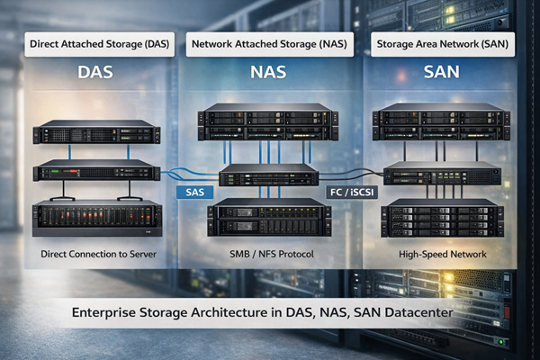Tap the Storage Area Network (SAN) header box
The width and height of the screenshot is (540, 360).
tap(442, 43)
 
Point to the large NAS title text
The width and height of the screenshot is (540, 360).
tap(269, 75)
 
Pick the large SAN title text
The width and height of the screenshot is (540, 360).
tap(442, 75)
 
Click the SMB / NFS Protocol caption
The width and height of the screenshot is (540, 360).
tap(269, 255)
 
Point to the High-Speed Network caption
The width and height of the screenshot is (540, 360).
tap(442, 255)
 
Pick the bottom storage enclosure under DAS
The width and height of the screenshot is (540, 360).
tap(96, 219)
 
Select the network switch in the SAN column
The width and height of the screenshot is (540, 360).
tap(442, 174)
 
